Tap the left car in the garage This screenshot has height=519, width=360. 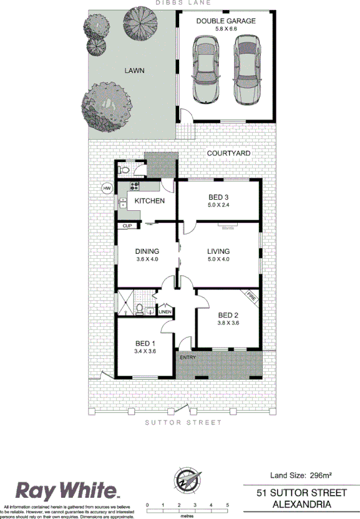tap(206, 70)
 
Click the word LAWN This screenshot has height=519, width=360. tap(134, 71)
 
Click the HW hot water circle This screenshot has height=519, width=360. tap(107, 188)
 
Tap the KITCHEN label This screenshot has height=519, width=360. tap(150, 201)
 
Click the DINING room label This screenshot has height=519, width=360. tap(147, 251)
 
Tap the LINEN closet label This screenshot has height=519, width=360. tap(165, 311)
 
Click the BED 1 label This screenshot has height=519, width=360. tap(145, 343)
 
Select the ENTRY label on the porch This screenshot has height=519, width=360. tap(187, 357)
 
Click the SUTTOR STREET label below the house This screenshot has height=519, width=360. tap(183, 422)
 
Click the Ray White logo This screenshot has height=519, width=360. tap(67, 489)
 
